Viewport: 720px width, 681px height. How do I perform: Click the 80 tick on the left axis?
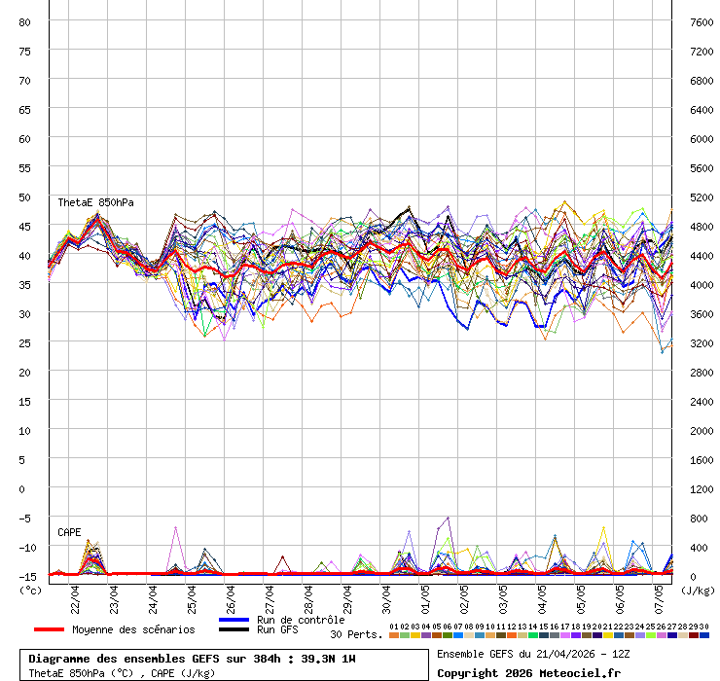coord(25,21)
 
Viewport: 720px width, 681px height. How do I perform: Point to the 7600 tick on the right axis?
coord(701,21)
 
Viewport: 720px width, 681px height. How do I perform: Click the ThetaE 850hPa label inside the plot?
coord(95,202)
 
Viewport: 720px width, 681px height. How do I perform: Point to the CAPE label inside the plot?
coord(69,532)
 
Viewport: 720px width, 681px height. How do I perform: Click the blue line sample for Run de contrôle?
coord(234,620)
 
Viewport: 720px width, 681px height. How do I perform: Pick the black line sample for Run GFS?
coord(234,629)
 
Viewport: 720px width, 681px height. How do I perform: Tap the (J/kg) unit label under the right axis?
coord(697,590)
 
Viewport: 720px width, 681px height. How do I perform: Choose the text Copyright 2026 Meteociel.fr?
coord(528,672)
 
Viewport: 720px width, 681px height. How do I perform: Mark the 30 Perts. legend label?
coord(356,634)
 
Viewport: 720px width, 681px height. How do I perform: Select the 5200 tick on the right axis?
coord(701,197)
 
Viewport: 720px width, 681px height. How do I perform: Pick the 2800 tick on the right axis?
coord(701,372)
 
